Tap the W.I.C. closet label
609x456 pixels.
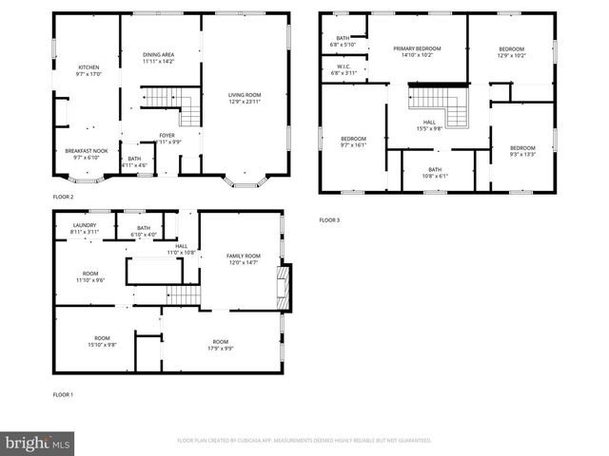click(x=343, y=69)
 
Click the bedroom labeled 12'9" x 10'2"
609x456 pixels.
click(x=510, y=49)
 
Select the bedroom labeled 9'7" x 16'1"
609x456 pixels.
click(x=353, y=142)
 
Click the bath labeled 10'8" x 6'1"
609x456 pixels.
click(x=434, y=172)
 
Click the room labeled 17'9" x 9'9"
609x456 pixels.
click(x=220, y=345)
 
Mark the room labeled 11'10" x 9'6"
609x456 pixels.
click(x=89, y=276)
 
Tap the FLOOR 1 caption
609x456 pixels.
click(x=63, y=394)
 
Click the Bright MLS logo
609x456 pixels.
click(x=37, y=443)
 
